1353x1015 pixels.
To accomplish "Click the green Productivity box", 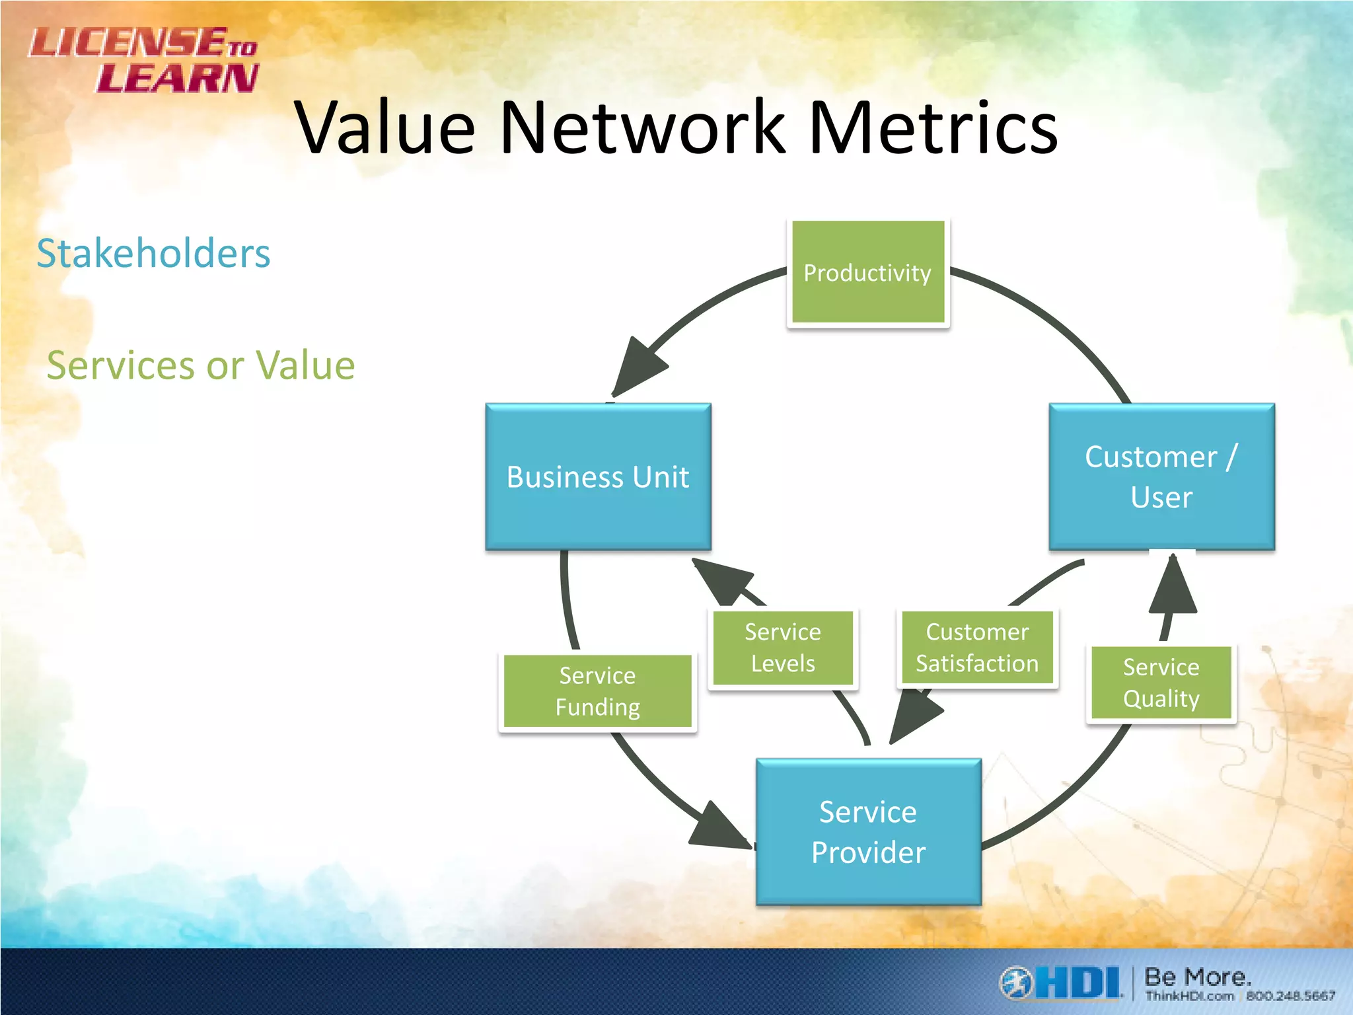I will click(x=867, y=272).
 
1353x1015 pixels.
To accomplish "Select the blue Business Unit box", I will click(x=598, y=476).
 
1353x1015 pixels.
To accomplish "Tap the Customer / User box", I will click(x=1161, y=476).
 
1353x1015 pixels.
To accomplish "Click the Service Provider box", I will click(x=868, y=831).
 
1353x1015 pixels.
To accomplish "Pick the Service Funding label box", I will click(x=597, y=691).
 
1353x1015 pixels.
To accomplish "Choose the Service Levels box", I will click(x=783, y=648).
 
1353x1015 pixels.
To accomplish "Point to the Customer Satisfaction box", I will click(x=977, y=648).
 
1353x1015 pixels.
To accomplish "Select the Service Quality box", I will click(x=1161, y=683).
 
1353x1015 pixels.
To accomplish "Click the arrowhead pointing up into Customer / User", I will click(x=1173, y=585).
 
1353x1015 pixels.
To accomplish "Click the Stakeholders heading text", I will click(x=153, y=253).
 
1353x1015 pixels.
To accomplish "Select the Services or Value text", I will click(x=201, y=365).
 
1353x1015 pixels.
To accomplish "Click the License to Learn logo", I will click(x=144, y=59).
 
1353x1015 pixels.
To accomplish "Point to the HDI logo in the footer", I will click(x=1061, y=983).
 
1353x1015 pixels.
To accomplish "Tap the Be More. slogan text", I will click(x=1197, y=976).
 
